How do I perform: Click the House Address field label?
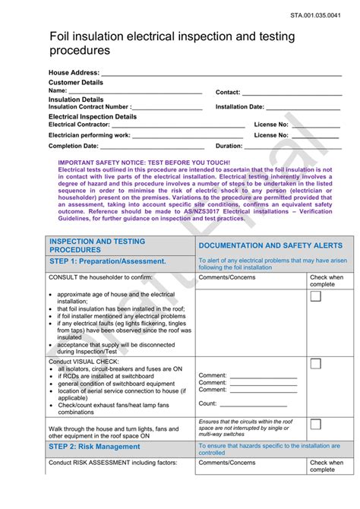click(x=74, y=73)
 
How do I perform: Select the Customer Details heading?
click(x=75, y=82)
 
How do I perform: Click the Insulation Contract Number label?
click(x=90, y=107)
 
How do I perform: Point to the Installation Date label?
click(x=240, y=107)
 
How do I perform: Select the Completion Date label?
click(x=74, y=146)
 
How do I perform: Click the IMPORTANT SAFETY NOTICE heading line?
click(x=144, y=163)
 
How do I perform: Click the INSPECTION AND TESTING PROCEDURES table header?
click(x=96, y=245)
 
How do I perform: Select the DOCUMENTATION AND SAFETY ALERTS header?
click(x=270, y=246)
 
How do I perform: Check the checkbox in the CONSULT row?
click(x=315, y=296)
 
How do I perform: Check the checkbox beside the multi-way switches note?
click(x=315, y=425)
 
